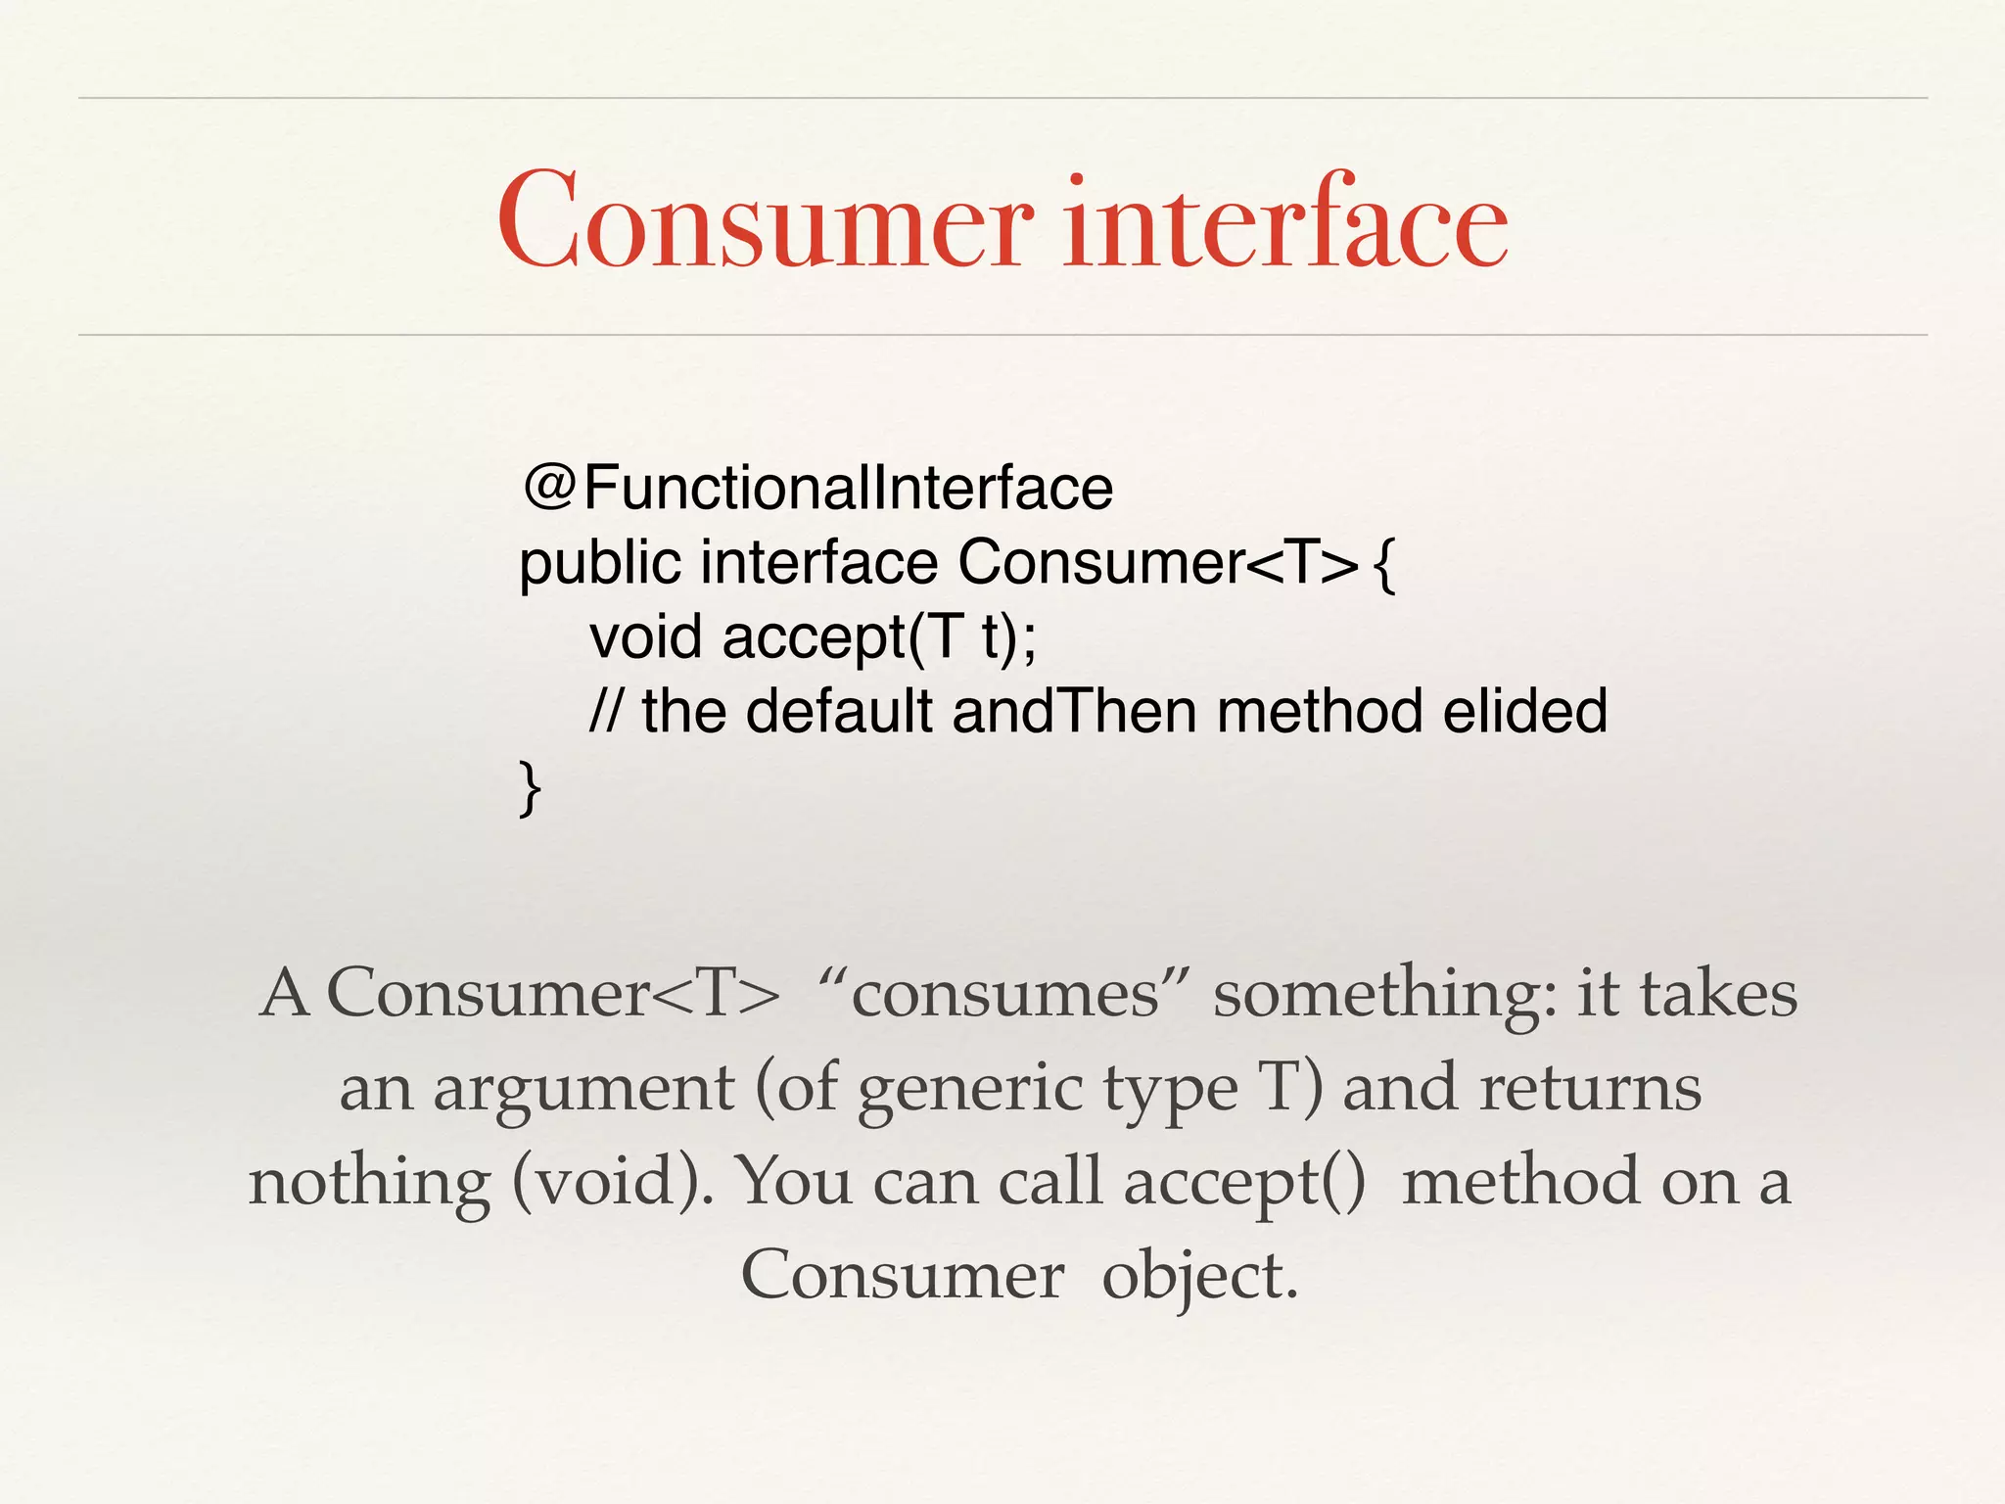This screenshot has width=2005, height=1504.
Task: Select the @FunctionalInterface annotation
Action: (818, 488)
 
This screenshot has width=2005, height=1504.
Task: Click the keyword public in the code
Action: (599, 564)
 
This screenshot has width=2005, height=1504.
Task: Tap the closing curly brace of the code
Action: (530, 787)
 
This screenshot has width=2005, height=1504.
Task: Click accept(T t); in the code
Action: (879, 637)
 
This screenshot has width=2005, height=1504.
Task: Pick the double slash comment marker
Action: (606, 711)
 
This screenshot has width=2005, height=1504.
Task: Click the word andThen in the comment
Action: (1074, 711)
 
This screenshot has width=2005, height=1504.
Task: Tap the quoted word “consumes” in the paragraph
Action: (1005, 994)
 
